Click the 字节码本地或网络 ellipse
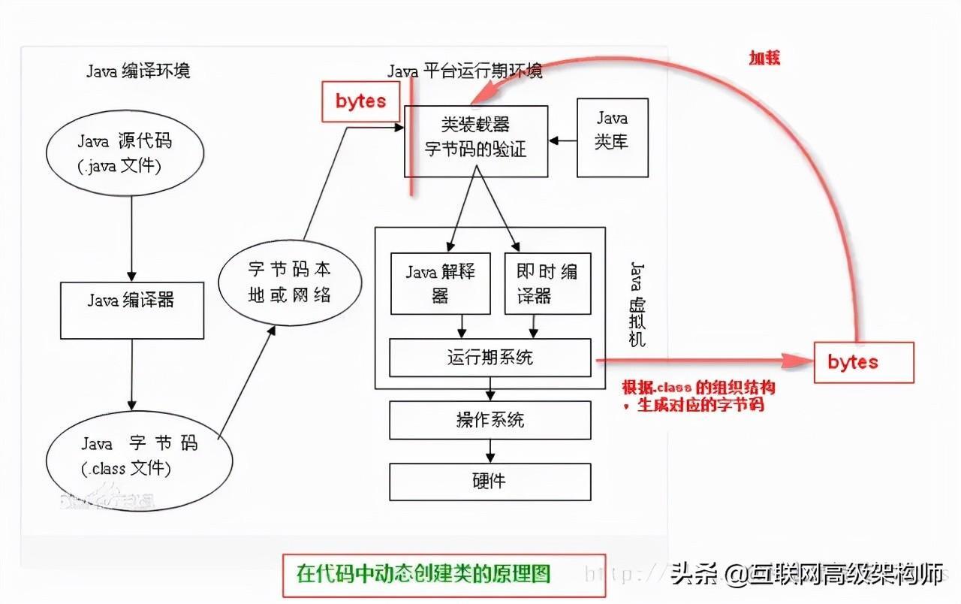click(289, 282)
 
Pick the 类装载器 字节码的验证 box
click(476, 140)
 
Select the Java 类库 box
click(612, 137)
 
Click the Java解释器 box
click(440, 282)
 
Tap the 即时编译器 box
click(546, 282)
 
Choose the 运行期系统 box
click(490, 357)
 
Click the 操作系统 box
click(490, 420)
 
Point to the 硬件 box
click(490, 482)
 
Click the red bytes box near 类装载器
click(360, 101)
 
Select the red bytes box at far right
click(863, 362)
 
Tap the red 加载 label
click(764, 58)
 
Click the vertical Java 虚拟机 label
click(637, 304)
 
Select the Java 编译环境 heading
click(138, 71)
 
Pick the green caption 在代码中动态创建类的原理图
click(423, 575)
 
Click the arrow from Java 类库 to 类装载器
click(562, 140)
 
